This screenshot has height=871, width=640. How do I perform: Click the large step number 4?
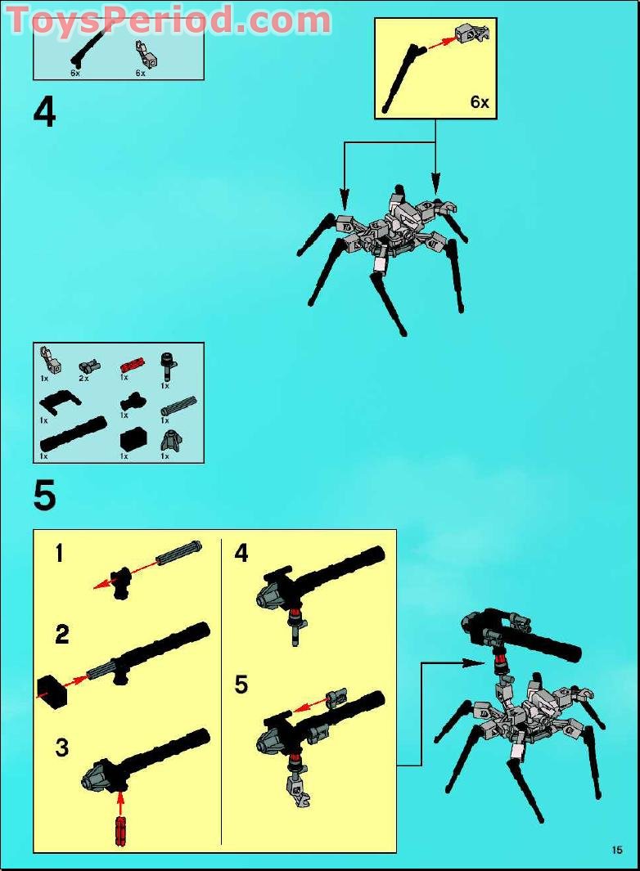tap(45, 113)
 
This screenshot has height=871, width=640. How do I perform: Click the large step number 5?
tap(45, 496)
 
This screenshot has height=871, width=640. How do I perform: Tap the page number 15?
tap(616, 850)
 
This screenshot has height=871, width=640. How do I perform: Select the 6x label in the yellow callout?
tap(479, 102)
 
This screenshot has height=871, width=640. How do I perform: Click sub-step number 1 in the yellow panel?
tap(59, 554)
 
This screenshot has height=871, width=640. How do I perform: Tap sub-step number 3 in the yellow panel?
tap(62, 747)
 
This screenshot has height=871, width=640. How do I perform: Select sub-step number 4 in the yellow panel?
tap(241, 554)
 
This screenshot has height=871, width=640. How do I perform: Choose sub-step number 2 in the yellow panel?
tap(62, 634)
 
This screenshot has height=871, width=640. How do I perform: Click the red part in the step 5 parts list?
tap(132, 363)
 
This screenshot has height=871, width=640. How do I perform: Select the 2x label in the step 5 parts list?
tap(83, 378)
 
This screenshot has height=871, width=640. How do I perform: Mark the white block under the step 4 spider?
tap(379, 265)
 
